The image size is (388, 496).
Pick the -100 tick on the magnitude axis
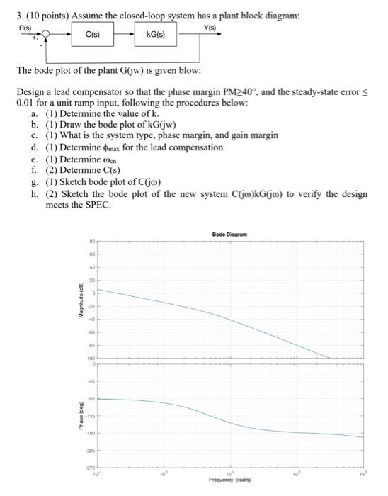click(90, 358)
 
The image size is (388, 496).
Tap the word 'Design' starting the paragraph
click(28, 92)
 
